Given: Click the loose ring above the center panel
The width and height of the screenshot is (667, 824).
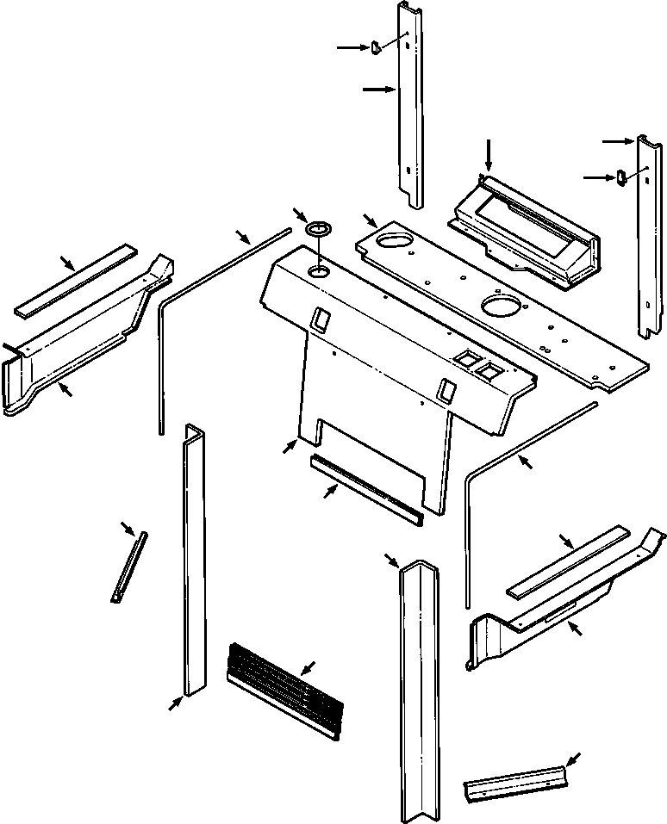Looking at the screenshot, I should click(319, 230).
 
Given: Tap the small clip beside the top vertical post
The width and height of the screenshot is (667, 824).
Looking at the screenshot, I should click(376, 48).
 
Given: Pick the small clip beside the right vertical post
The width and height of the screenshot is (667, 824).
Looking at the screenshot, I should click(620, 177).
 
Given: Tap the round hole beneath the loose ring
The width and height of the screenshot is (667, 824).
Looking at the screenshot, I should click(319, 272).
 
